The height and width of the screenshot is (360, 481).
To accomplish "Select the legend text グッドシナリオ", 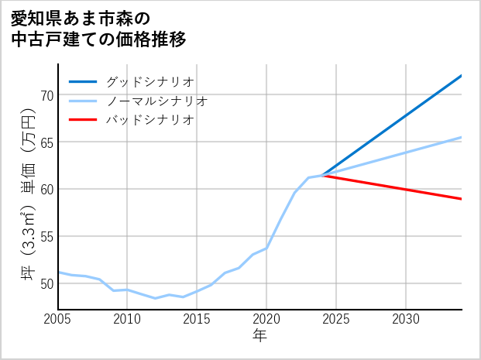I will (150, 81).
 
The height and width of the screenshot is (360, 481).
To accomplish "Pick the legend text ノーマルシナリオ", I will (157, 101).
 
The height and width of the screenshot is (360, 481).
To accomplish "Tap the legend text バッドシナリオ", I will (150, 120).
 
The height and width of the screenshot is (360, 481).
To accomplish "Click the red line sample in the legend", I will (84, 120).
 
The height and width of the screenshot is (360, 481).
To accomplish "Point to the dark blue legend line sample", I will (84, 81).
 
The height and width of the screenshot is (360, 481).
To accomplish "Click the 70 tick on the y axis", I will (46, 95).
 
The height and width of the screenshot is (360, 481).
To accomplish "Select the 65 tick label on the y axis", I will (46, 142).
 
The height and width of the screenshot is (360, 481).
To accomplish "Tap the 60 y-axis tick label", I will (46, 190).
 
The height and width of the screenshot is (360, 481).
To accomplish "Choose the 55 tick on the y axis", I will (46, 236).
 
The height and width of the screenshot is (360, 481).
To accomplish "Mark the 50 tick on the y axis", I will (46, 283).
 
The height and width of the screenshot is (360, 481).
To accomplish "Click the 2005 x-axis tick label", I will (58, 319).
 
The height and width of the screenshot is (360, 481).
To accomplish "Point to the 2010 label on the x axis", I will (127, 319).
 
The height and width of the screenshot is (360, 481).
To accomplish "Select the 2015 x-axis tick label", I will (197, 319).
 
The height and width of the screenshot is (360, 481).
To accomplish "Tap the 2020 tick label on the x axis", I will (266, 319).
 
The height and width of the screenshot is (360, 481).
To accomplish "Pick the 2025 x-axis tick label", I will (336, 319).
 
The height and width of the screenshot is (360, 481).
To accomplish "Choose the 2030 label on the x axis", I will (406, 319).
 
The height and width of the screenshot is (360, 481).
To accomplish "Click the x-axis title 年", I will (260, 336).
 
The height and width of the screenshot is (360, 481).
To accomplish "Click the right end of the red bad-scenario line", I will (461, 199).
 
